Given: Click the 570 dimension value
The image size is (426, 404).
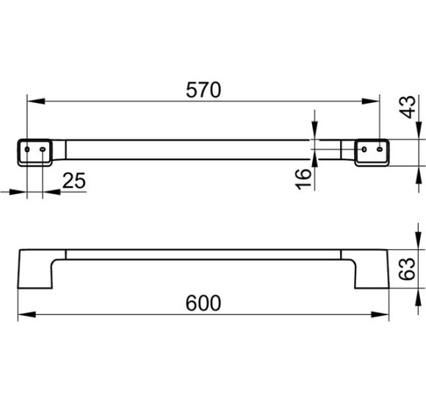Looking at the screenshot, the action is [203, 90].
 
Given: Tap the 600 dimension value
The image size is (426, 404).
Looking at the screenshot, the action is [203, 303].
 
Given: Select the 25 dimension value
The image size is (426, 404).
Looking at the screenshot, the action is [74, 181].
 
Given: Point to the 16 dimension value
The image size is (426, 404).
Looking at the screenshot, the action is [303, 179].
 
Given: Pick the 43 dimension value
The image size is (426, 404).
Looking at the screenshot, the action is [408, 107].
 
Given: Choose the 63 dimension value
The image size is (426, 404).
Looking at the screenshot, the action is [407, 269].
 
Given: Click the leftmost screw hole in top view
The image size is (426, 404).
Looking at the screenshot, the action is [27, 149].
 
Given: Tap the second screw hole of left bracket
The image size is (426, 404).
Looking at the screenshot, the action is [43, 149].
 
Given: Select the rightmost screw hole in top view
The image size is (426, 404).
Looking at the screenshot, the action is [380, 149].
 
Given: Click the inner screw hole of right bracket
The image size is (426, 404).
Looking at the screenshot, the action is [364, 149].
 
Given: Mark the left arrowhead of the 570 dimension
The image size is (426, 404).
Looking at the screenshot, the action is [36, 101].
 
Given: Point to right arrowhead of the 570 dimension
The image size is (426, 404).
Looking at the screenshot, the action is [371, 101].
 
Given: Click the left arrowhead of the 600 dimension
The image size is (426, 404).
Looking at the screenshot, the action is [26, 314].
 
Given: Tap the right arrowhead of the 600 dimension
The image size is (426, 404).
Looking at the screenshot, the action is [380, 314].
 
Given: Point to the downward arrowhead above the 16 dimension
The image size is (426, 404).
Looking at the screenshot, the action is [314, 131].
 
